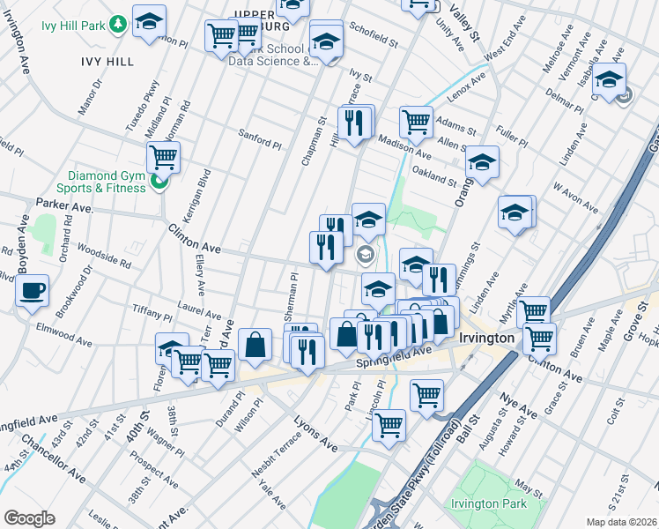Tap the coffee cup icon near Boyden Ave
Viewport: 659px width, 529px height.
[33, 290]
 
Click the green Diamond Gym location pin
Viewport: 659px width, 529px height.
[159, 183]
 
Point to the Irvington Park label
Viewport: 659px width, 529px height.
[488, 503]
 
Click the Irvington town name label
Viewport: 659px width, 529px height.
[486, 339]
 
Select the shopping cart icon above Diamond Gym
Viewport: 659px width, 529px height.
[163, 157]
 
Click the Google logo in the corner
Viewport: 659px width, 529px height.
[29, 518]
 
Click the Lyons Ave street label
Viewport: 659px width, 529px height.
[315, 433]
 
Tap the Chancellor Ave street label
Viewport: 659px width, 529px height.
[55, 457]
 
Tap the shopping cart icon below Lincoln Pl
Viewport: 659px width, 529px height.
[389, 425]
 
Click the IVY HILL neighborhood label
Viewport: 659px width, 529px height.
[107, 61]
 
